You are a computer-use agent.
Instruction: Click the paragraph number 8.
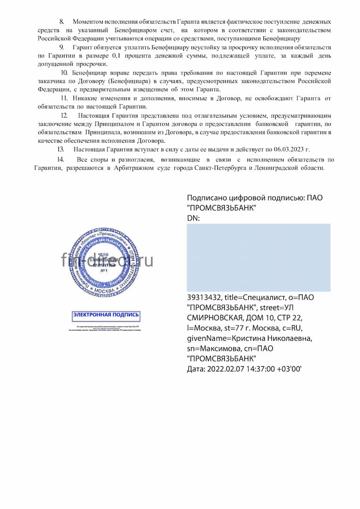[x=61, y=22]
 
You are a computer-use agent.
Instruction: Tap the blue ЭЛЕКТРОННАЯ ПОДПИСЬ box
[x=106, y=315]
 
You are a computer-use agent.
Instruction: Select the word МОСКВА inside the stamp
[x=105, y=291]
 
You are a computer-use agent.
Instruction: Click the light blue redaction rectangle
[x=258, y=257]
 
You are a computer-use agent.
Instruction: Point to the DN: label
[x=194, y=218]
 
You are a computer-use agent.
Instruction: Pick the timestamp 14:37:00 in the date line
[x=260, y=369]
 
